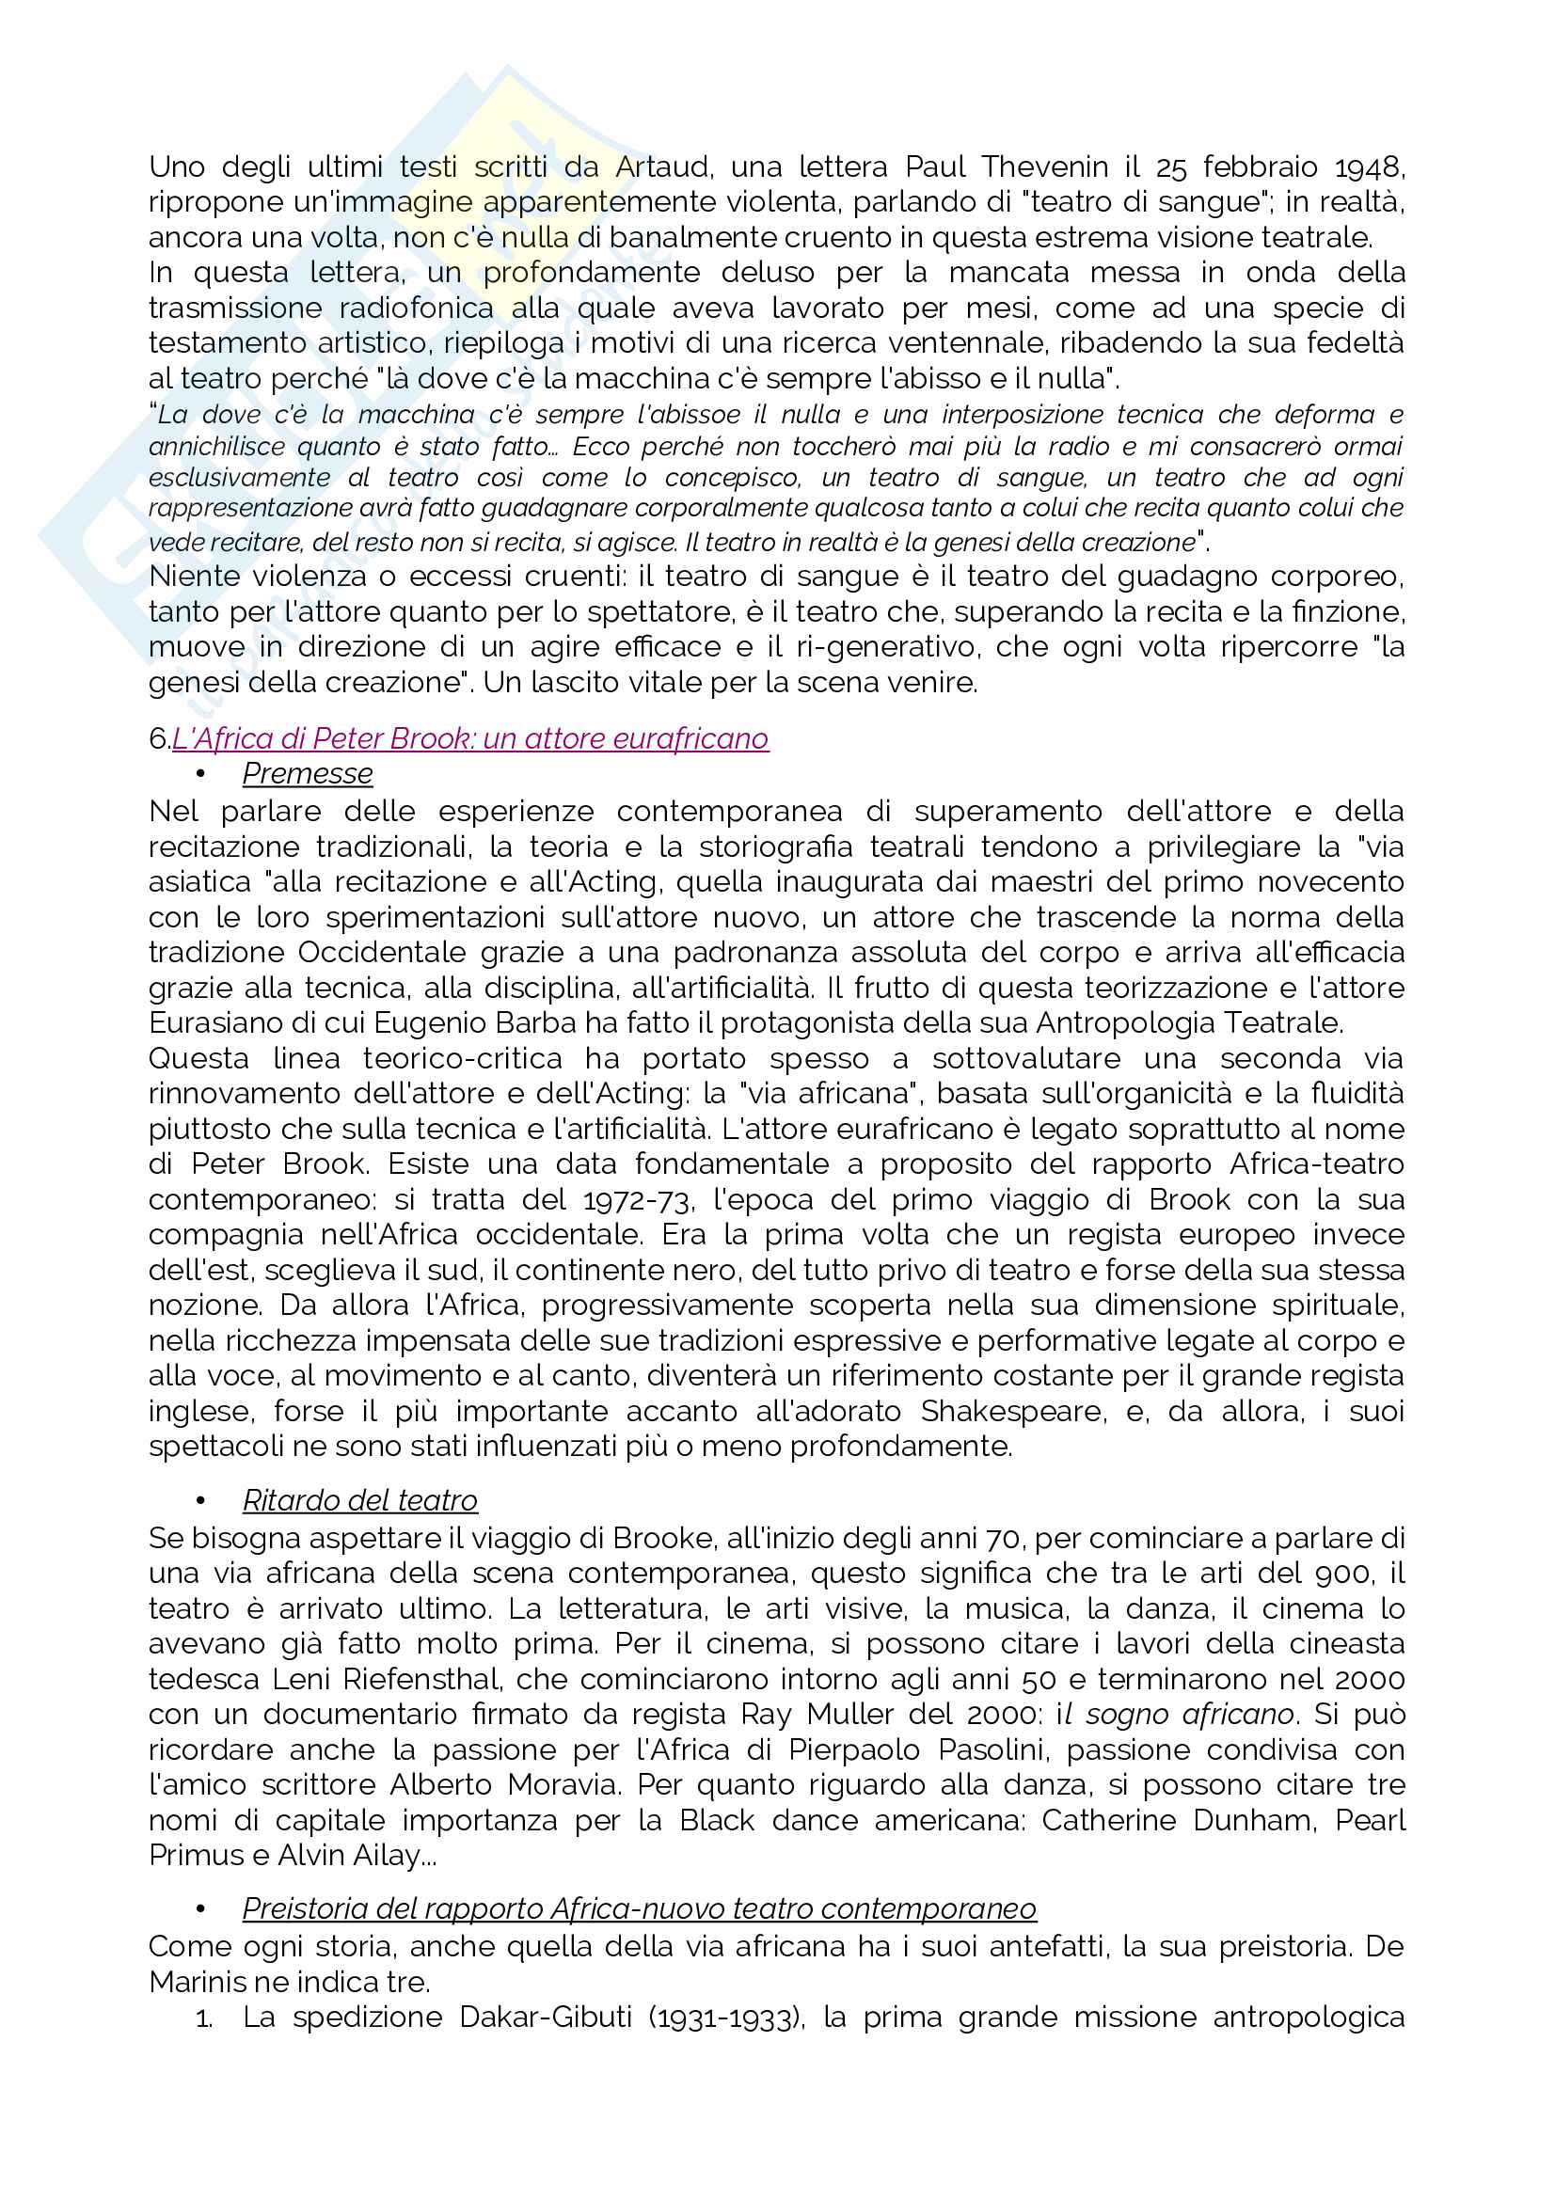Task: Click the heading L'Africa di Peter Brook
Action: pyautogui.click(x=469, y=737)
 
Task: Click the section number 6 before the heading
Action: pyautogui.click(x=158, y=737)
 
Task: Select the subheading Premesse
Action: pyautogui.click(x=308, y=773)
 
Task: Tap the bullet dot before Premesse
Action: pyautogui.click(x=201, y=774)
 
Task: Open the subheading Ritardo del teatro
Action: pyautogui.click(x=359, y=1499)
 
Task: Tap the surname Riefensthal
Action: pyautogui.click(x=421, y=1679)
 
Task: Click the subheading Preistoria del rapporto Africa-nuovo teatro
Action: pyautogui.click(x=639, y=1907)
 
